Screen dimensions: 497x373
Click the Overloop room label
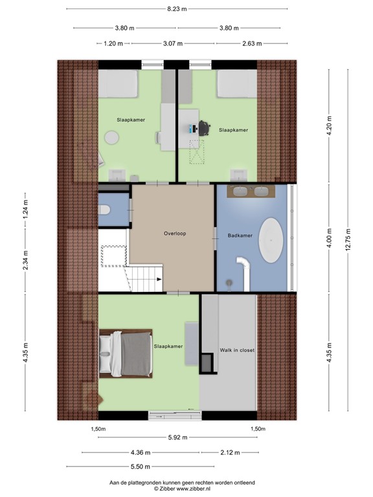(175, 234)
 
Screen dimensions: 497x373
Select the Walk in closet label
(237, 349)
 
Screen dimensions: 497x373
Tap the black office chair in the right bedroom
(205, 128)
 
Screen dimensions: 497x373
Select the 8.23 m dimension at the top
(177, 9)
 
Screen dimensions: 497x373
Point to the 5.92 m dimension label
(177, 437)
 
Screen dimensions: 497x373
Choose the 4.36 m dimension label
(141, 452)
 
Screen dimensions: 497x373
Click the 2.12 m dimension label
(229, 452)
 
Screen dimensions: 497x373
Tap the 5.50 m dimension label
(141, 467)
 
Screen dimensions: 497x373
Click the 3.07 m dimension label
(173, 43)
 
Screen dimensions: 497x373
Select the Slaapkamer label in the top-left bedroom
(130, 120)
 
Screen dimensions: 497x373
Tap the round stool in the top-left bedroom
(113, 137)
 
